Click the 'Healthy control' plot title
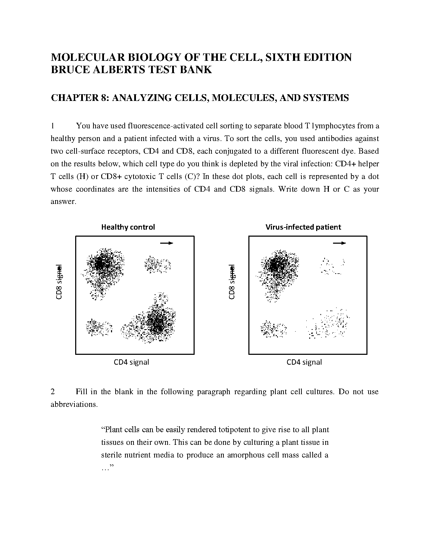click(128, 227)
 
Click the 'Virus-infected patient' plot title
click(303, 227)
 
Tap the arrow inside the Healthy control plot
click(167, 243)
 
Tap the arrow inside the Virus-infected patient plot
click(339, 243)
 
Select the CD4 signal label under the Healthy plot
click(131, 362)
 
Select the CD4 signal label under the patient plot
click(304, 362)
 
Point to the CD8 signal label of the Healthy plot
click(59, 282)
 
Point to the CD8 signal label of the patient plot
click(232, 282)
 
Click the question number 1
click(53, 126)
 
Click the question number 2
click(53, 392)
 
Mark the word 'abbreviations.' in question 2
click(74, 404)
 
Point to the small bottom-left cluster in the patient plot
click(273, 329)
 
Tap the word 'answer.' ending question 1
click(63, 202)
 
